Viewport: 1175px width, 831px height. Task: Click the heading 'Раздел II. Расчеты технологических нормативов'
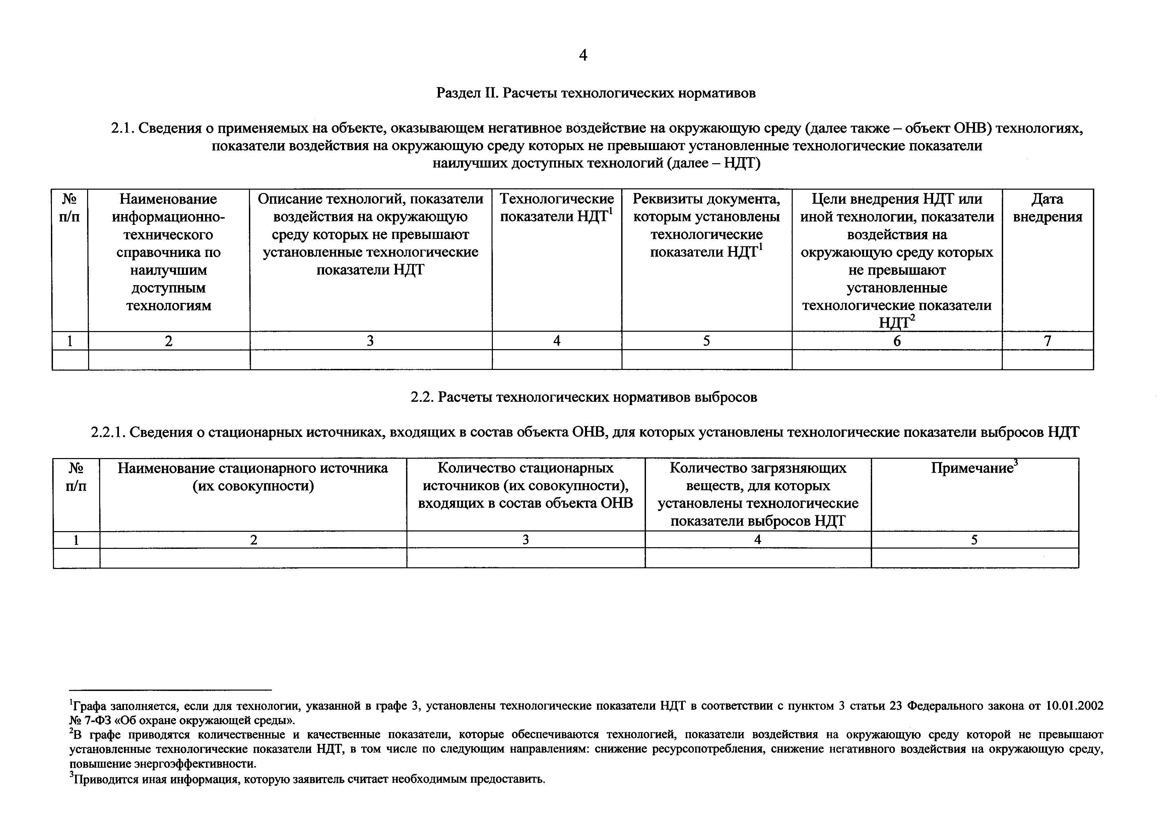(x=596, y=93)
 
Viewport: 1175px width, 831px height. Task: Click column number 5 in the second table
(x=974, y=540)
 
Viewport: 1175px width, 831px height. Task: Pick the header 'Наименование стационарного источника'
(x=253, y=476)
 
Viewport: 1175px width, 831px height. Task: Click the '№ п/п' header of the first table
(x=70, y=208)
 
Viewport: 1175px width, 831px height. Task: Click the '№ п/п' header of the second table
(x=76, y=476)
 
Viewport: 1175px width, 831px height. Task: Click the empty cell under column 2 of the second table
(x=253, y=558)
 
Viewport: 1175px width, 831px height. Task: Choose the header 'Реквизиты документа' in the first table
(x=706, y=225)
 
